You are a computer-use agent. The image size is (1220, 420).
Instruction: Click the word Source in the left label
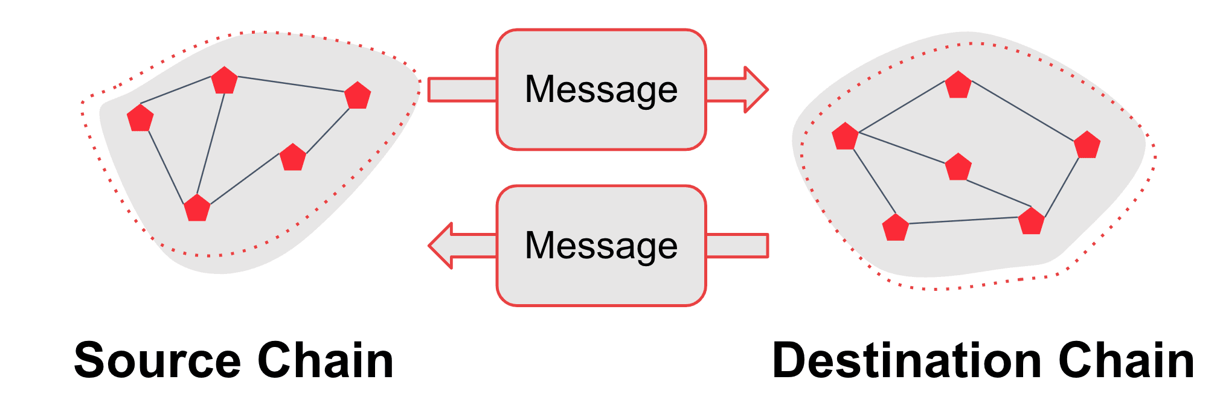[158, 361]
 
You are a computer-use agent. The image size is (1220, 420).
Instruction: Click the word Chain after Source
[326, 361]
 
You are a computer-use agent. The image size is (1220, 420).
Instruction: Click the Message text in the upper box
[601, 89]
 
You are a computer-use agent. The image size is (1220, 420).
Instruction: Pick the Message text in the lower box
[601, 246]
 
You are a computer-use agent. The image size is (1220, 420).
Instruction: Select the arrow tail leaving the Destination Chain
[737, 246]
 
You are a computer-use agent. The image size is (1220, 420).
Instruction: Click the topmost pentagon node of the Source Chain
[225, 80]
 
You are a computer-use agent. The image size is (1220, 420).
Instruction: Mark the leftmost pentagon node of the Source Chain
[140, 118]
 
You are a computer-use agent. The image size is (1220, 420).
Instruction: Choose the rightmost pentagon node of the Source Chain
[358, 96]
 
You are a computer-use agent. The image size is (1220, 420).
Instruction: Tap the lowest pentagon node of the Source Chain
[197, 208]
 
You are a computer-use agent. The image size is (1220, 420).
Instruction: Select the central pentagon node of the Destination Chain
[958, 167]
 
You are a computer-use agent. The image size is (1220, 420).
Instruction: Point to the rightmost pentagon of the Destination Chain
[1087, 145]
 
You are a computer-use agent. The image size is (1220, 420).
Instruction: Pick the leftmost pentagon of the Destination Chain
[845, 136]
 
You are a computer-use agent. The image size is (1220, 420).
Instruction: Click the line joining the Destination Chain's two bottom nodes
[963, 220]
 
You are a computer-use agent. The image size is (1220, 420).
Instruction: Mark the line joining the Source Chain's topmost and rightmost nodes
[291, 84]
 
